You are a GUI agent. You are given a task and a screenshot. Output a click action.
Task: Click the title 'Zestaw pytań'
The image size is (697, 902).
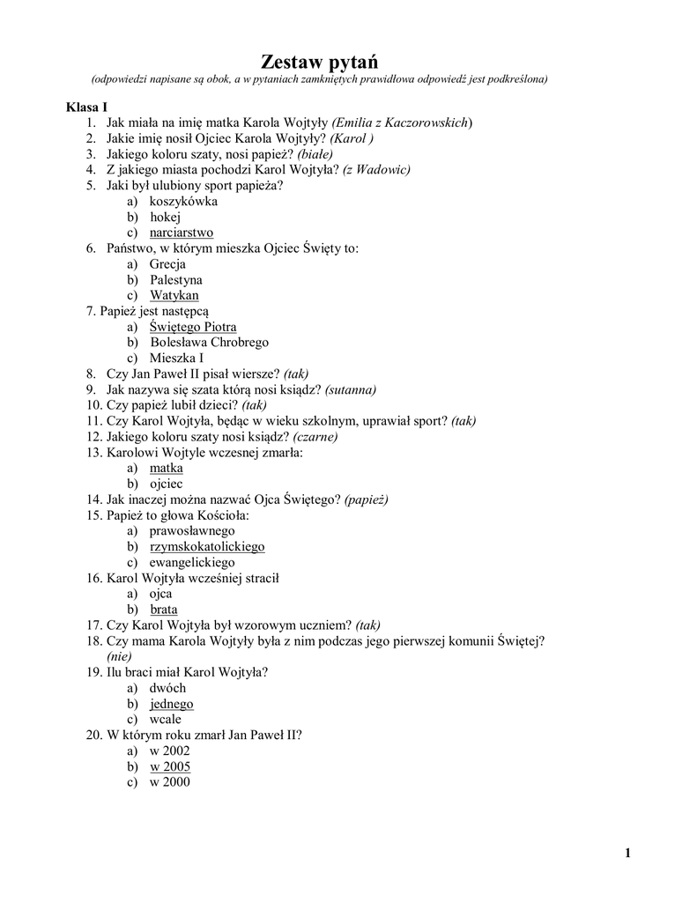[318, 62]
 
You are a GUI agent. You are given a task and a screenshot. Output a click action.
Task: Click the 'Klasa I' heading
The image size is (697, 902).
[86, 107]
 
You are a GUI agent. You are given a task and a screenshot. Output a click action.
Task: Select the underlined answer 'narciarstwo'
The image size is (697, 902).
[181, 233]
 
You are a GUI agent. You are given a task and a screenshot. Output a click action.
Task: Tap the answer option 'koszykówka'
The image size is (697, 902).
[183, 201]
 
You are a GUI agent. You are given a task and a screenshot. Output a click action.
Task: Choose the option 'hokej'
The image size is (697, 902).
[165, 217]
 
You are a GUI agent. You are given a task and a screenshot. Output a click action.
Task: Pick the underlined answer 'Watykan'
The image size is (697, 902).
[174, 296]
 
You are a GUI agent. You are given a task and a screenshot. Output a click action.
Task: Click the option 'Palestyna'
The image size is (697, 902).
[175, 280]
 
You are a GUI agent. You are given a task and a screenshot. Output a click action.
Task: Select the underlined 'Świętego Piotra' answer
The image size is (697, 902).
[192, 327]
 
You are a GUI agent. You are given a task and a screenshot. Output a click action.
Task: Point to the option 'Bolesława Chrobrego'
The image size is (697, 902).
[209, 343]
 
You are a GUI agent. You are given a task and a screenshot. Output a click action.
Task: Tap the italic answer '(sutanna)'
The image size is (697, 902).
[350, 389]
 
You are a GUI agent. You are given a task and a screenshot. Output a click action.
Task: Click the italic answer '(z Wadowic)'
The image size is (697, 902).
[376, 169]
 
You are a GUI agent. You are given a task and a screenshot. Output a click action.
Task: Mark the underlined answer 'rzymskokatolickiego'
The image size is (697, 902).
[207, 547]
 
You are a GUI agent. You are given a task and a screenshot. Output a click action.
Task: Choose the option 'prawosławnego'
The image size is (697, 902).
[192, 531]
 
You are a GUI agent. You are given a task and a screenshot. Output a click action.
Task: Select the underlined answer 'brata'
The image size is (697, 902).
[164, 610]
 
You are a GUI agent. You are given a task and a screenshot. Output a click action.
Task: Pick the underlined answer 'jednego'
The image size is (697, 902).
[171, 704]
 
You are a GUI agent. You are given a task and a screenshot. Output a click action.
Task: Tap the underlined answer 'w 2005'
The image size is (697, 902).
[169, 767]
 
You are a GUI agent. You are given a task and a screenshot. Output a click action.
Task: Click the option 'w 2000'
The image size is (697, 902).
[169, 782]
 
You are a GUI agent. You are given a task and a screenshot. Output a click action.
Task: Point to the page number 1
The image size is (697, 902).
[627, 852]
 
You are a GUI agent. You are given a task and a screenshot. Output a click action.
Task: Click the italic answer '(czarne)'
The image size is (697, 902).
[315, 436]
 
